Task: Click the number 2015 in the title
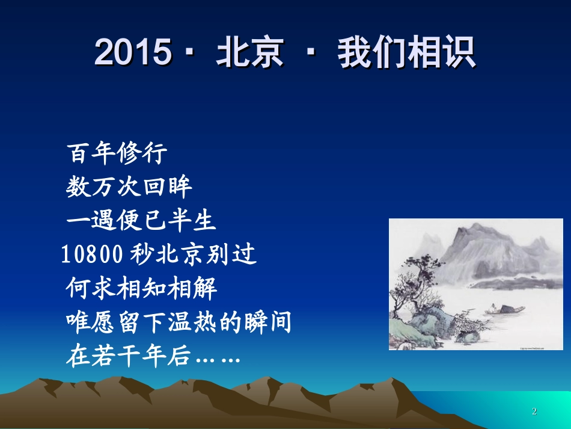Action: tap(133, 52)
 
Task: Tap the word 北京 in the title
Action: tap(250, 52)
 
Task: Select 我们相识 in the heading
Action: tap(407, 52)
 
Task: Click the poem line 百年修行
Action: tap(117, 153)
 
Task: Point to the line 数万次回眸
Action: tap(129, 187)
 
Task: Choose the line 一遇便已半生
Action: tap(141, 220)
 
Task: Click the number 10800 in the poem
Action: tap(92, 254)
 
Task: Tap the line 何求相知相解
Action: tap(141, 288)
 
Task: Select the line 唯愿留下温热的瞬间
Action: tap(179, 322)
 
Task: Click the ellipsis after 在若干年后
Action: tap(218, 359)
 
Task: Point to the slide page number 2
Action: tap(534, 412)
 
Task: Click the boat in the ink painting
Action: tap(505, 309)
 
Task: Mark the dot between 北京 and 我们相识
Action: tap(311, 52)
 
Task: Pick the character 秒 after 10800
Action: tap(141, 254)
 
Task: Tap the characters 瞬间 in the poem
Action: tap(267, 322)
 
